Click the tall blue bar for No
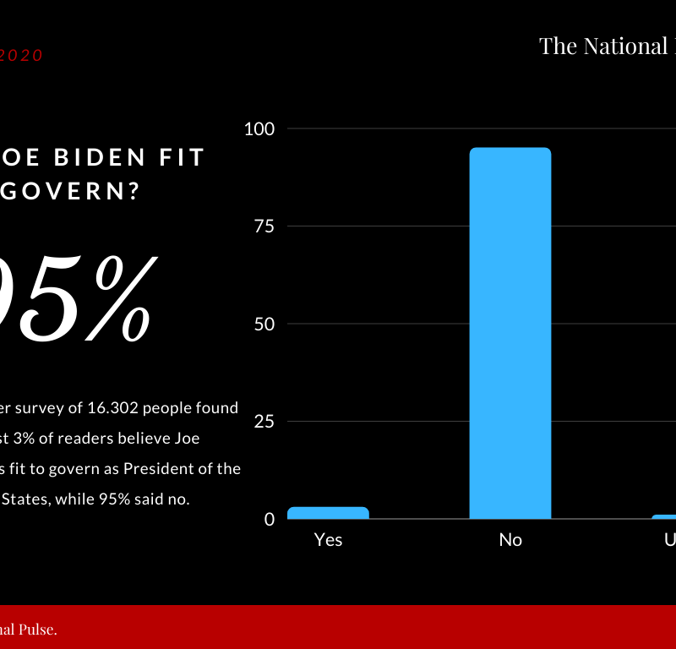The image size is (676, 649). [510, 333]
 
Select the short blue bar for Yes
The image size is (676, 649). [328, 513]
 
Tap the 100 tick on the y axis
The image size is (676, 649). [259, 128]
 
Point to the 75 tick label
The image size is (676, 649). [264, 226]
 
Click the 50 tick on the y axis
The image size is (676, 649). [264, 324]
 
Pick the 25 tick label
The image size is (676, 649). [264, 422]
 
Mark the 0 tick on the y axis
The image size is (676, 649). [270, 519]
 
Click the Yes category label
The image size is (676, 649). [328, 539]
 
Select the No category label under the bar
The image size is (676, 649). [510, 539]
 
